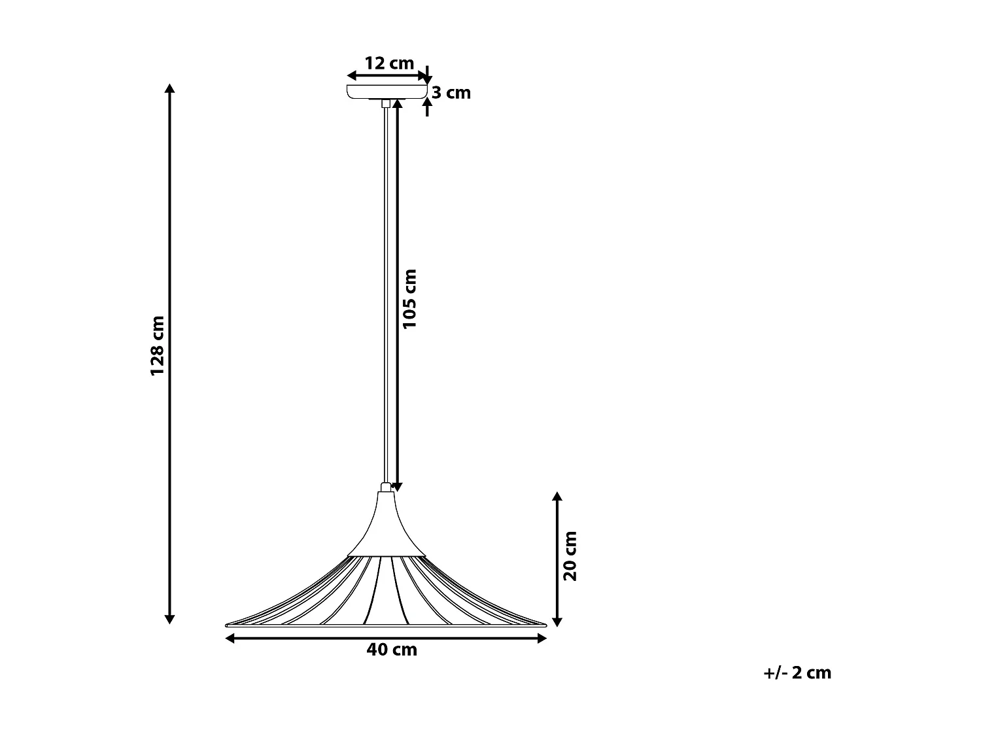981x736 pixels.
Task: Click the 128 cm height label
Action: click(x=157, y=346)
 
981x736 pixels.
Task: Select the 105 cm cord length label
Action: click(x=410, y=299)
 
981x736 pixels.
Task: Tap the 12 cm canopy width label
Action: click(x=389, y=63)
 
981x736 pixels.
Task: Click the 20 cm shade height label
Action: click(x=571, y=555)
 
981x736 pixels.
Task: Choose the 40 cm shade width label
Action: click(x=392, y=650)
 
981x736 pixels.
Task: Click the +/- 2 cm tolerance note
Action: click(x=797, y=673)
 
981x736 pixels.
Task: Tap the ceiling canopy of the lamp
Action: click(x=386, y=92)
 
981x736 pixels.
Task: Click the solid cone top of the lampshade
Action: click(x=387, y=527)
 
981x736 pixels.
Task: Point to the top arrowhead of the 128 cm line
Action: click(x=170, y=89)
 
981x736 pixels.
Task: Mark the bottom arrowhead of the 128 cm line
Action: click(x=170, y=618)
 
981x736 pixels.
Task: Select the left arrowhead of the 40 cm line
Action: click(x=229, y=639)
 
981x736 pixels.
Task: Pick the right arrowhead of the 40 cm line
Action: click(x=542, y=639)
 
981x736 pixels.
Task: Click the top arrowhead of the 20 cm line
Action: click(x=557, y=497)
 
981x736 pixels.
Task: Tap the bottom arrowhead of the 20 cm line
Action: click(x=557, y=622)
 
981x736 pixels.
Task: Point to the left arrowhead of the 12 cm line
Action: click(x=351, y=76)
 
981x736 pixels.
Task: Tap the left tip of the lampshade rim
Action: click(x=226, y=623)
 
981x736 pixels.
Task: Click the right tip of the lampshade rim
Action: click(x=547, y=623)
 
